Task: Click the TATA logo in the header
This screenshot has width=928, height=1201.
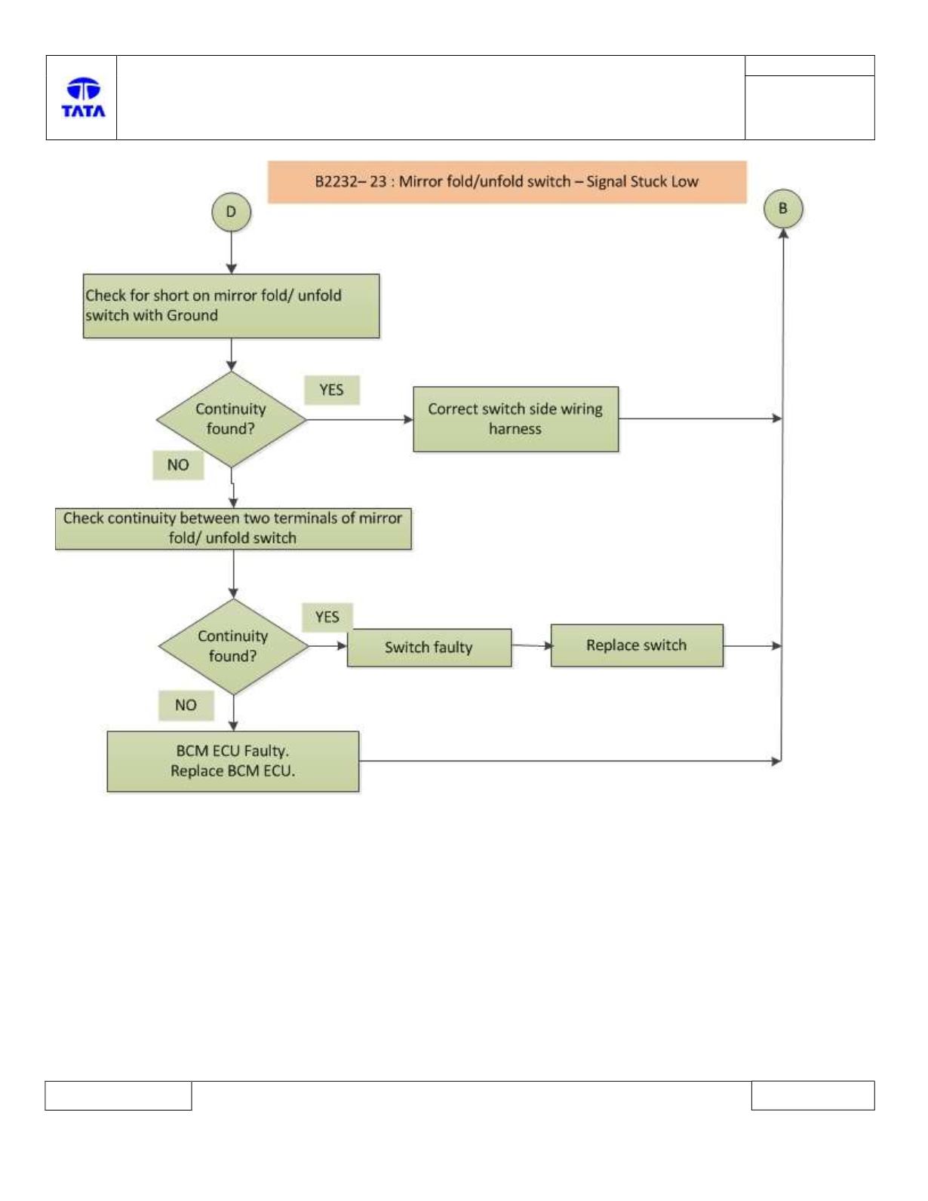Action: [x=84, y=97]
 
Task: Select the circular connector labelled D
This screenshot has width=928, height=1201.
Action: [x=231, y=212]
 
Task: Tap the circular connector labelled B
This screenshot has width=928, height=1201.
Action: [x=783, y=209]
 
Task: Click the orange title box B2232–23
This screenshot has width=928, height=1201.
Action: [x=507, y=182]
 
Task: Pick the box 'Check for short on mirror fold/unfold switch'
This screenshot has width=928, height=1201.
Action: [x=231, y=305]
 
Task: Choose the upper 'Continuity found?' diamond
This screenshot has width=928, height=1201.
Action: [x=231, y=419]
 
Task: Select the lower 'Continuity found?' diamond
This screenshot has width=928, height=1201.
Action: [x=233, y=646]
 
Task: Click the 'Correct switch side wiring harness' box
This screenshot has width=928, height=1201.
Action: [x=516, y=419]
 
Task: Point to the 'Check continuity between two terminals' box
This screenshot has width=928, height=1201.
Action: [x=233, y=529]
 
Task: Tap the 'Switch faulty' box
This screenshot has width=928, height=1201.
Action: [x=429, y=647]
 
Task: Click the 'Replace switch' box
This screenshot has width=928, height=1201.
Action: [x=637, y=645]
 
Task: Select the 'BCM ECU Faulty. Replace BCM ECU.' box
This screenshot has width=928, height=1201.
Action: [x=233, y=761]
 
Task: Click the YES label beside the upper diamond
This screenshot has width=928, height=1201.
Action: [x=332, y=391]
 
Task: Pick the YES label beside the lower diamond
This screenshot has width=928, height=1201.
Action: [x=327, y=617]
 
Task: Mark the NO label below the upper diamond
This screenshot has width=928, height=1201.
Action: [x=178, y=465]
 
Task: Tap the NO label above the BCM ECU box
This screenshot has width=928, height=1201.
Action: [x=186, y=705]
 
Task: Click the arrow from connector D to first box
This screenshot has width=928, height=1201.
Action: [x=231, y=253]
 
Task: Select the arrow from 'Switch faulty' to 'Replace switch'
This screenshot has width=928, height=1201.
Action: [x=531, y=645]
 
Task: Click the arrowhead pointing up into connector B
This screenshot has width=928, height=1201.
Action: [x=783, y=233]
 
